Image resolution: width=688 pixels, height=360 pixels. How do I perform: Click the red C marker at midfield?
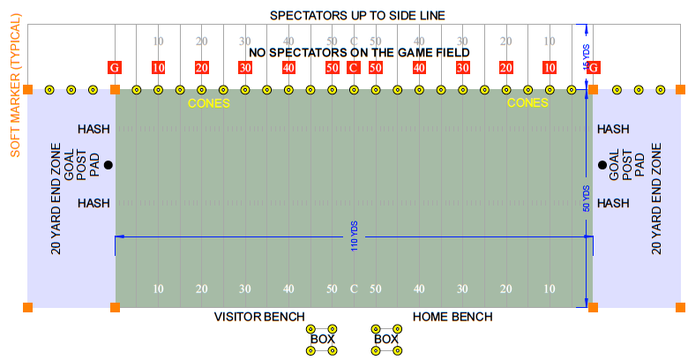(x=354, y=68)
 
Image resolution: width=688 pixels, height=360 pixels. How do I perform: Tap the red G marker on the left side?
(x=115, y=68)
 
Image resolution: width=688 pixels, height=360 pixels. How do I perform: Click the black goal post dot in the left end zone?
(x=108, y=165)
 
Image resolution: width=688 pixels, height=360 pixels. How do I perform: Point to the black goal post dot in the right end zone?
(x=602, y=165)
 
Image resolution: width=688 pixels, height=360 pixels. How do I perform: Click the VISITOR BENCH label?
(x=259, y=317)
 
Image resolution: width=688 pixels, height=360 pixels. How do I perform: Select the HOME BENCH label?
(x=452, y=317)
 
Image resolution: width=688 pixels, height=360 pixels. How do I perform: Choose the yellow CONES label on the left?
(x=209, y=103)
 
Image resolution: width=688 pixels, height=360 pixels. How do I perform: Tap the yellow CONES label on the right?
(x=527, y=103)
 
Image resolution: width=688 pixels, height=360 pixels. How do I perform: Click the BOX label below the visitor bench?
(x=322, y=339)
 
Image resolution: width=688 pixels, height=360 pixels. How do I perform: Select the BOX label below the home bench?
(x=386, y=339)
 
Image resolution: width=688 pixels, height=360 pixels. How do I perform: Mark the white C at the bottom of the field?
(x=354, y=289)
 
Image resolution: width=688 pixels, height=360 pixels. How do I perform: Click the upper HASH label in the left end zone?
(x=93, y=129)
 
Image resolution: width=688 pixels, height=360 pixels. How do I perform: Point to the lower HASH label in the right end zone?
(x=613, y=203)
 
